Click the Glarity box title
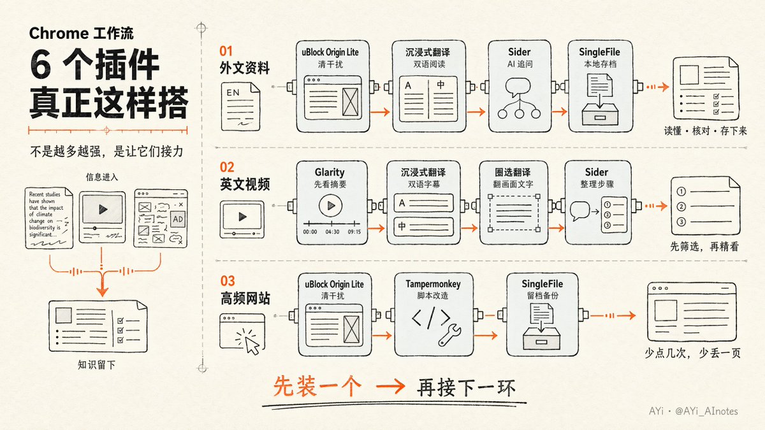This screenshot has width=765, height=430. click(x=330, y=173)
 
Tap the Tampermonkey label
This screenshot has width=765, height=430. click(x=433, y=284)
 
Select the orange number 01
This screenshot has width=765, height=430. click(x=226, y=51)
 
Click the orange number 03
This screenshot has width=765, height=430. click(x=228, y=281)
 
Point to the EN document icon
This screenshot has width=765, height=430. click(x=240, y=106)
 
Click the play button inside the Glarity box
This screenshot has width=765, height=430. click(x=330, y=205)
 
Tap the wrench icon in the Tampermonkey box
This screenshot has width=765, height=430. click(x=450, y=335)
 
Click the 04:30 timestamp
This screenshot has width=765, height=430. click(x=332, y=232)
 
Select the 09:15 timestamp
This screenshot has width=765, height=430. click(x=354, y=232)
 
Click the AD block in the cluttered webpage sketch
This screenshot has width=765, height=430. click(x=178, y=219)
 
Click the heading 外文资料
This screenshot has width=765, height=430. click(x=245, y=68)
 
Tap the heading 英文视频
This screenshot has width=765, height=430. click(x=245, y=184)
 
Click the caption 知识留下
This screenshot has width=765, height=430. click(x=97, y=365)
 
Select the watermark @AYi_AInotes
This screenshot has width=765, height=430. click(x=706, y=412)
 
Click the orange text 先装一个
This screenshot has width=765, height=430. click(x=317, y=386)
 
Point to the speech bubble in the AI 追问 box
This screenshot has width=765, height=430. click(x=518, y=87)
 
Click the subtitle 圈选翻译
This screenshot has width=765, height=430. click(x=513, y=173)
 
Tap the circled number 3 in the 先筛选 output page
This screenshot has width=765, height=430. click(x=681, y=222)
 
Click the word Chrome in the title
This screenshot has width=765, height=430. click(x=59, y=33)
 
